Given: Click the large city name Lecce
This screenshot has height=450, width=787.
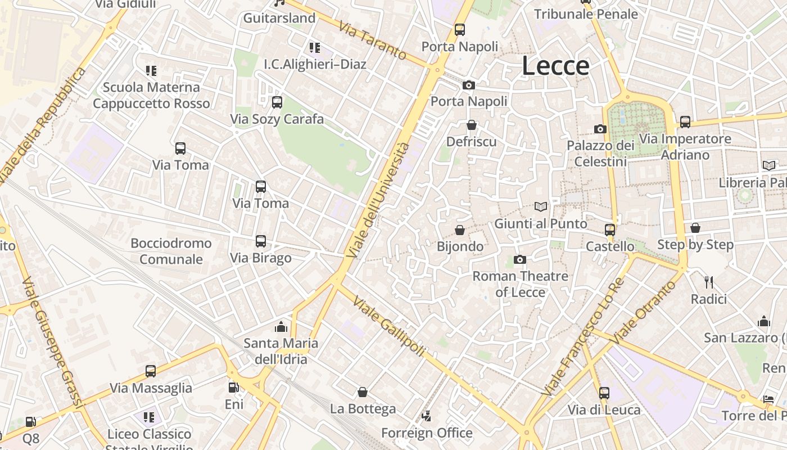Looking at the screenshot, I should (555, 66).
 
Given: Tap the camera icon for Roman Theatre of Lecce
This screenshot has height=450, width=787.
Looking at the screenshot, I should (520, 259).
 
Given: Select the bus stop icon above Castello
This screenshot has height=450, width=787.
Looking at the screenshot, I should (610, 229).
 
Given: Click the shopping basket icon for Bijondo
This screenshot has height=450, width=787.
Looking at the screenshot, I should (460, 230).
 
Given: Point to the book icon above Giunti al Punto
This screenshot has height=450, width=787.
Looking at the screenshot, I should (541, 207).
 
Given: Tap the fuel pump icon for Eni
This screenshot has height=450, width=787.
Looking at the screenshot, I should (233, 387).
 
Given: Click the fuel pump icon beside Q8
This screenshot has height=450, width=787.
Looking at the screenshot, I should (31, 421).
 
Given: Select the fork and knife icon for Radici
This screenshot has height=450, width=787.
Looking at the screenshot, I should (708, 282).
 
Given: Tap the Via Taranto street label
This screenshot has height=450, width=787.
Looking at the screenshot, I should (373, 40).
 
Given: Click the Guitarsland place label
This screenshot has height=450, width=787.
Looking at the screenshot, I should (279, 18).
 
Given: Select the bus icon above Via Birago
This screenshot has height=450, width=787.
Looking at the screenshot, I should (261, 241).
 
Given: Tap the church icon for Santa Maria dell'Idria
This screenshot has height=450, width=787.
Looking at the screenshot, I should (281, 327).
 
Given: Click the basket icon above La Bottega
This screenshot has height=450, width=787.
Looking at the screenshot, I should (363, 391).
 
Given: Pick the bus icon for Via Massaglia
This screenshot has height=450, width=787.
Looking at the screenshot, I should (151, 371).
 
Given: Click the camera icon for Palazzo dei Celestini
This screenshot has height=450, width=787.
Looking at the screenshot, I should (600, 129).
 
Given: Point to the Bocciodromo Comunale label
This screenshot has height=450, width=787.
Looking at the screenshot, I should (171, 251).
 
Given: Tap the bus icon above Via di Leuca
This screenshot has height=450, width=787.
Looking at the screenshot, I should (604, 393).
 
